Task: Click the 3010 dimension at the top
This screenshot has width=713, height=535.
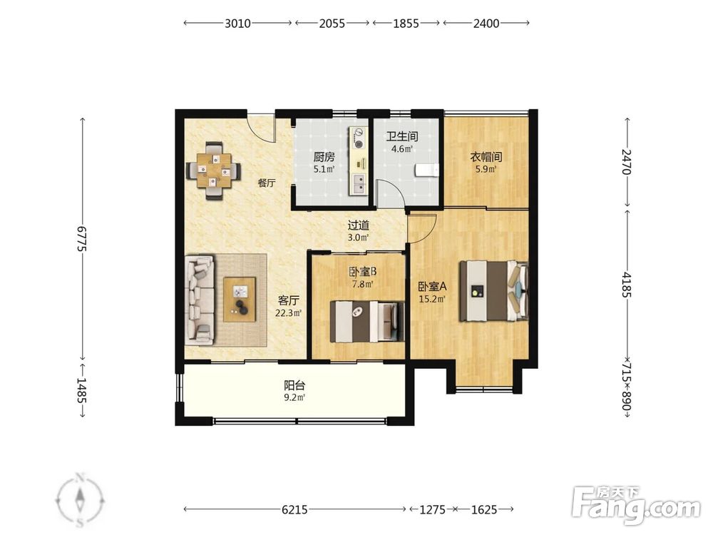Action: [237, 23]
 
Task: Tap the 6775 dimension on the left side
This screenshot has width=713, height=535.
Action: [82, 238]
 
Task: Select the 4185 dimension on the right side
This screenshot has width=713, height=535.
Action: [627, 285]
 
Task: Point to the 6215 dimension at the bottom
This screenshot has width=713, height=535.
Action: [294, 509]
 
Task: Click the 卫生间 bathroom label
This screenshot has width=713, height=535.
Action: [402, 136]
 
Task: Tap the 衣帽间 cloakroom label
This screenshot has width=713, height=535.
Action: [486, 158]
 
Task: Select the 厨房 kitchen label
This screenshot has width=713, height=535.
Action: [324, 158]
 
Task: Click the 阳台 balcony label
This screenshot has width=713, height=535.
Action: [294, 386]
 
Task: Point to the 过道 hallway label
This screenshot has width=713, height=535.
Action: [359, 225]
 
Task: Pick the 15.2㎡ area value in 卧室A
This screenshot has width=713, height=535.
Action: [431, 299]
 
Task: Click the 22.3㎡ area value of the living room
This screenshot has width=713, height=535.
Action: [288, 313]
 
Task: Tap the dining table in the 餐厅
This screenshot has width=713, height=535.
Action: [214, 170]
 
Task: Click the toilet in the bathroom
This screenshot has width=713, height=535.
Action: [427, 170]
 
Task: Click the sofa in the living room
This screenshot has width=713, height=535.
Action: [199, 300]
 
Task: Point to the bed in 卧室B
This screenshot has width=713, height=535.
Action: [367, 322]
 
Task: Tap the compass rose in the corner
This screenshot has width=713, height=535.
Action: [80, 500]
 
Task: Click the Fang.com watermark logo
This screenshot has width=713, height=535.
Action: [636, 504]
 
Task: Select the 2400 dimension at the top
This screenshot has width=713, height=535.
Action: [486, 23]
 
